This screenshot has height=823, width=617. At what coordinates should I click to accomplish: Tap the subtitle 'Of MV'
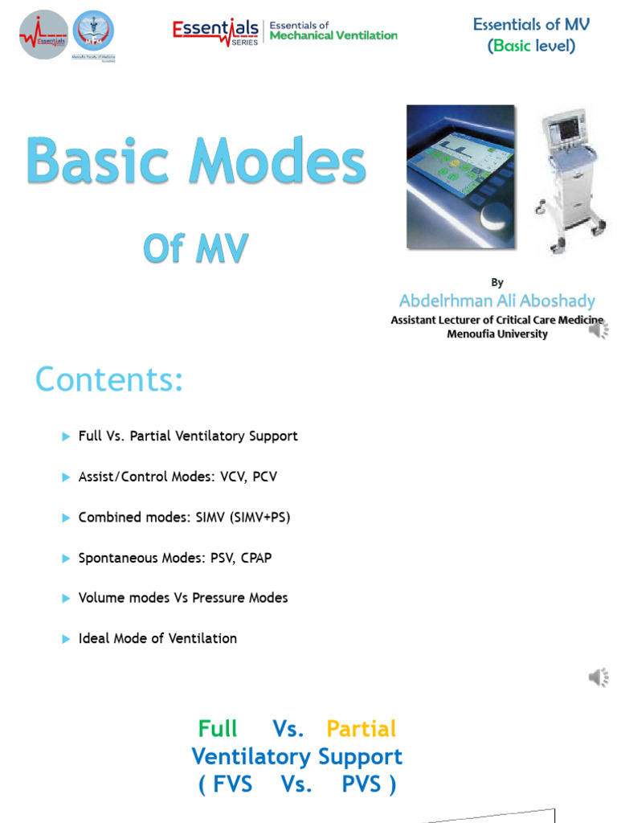(195, 250)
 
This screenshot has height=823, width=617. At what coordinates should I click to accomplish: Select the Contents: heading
(109, 379)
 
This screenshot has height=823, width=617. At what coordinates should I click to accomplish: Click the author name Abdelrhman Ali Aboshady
(497, 301)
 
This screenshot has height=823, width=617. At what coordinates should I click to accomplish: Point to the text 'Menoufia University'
(497, 334)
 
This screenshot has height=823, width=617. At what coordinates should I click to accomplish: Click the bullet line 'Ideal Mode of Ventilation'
(157, 638)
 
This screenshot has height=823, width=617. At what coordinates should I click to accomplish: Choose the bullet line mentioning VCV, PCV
(178, 477)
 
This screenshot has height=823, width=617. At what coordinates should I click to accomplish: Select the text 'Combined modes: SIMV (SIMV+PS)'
(184, 517)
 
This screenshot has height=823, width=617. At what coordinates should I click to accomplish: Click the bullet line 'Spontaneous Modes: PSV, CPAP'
(175, 557)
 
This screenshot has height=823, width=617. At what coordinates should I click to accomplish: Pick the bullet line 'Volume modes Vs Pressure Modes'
(183, 598)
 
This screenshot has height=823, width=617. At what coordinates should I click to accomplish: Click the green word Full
(218, 729)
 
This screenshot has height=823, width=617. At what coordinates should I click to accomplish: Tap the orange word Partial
(361, 729)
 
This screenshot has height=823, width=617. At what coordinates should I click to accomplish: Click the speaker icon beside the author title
(599, 329)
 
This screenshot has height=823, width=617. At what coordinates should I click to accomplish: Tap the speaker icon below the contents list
(599, 678)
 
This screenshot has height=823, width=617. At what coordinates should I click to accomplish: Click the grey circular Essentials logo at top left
(43, 34)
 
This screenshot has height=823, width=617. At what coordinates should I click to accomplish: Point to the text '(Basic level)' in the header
(531, 46)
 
